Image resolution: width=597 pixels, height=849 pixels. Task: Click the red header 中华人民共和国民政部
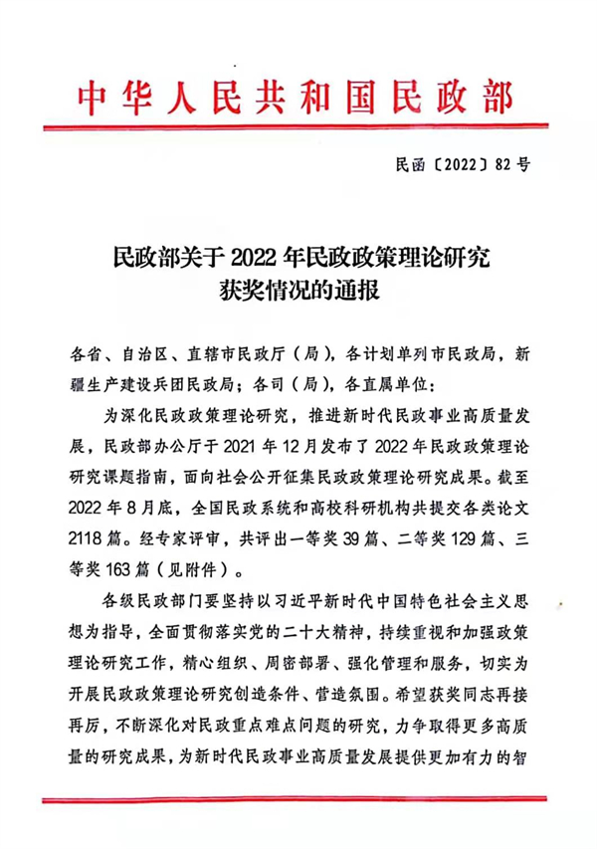296,99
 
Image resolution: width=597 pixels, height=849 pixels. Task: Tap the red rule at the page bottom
296,796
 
